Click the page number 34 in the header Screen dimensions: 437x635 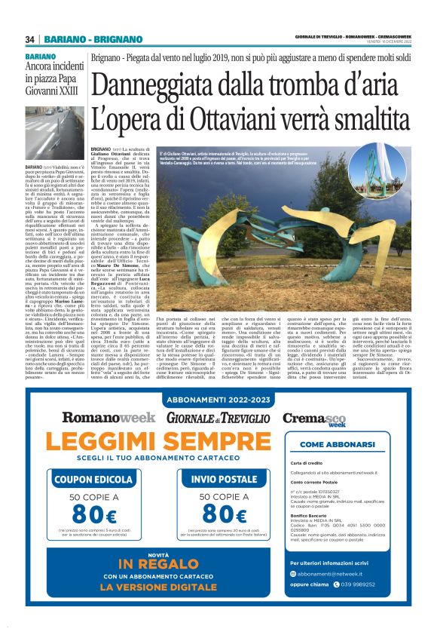click(29, 39)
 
